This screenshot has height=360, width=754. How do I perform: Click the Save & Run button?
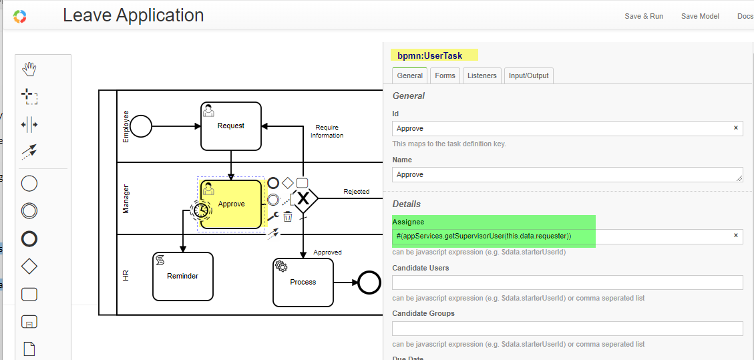[643, 16]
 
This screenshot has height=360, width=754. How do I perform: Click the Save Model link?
[700, 16]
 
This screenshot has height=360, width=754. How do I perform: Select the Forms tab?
[445, 75]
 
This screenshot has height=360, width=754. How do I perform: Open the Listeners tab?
[482, 75]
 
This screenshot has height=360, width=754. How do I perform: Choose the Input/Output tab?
[529, 75]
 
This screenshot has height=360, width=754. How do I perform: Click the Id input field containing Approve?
[568, 128]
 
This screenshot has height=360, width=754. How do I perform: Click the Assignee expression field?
[568, 236]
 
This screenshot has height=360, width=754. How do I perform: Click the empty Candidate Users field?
[568, 283]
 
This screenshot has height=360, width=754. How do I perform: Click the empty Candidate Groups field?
[568, 329]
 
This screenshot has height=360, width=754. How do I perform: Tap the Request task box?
[231, 126]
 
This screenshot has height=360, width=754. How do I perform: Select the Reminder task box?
[183, 276]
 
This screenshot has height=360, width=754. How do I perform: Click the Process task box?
[303, 282]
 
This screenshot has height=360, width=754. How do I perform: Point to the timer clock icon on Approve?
[200, 210]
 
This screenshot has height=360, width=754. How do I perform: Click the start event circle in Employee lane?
[141, 126]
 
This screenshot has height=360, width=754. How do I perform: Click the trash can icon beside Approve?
[288, 216]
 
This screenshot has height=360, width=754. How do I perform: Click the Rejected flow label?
[357, 192]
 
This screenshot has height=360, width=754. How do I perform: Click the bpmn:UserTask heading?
[430, 55]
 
